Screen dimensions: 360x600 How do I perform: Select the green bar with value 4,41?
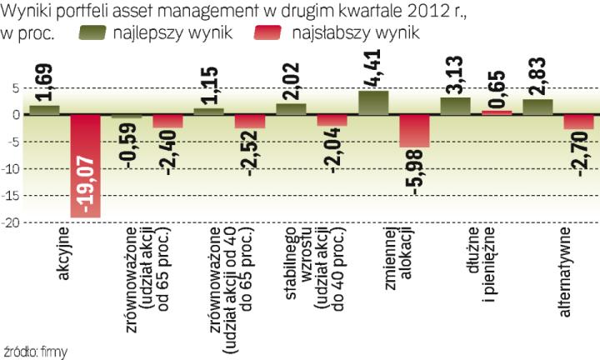373,102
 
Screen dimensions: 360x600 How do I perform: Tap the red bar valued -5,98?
414,131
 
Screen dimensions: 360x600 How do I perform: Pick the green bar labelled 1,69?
45,109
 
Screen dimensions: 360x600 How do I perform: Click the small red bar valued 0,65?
496,112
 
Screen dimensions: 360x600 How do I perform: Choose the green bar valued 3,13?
455,106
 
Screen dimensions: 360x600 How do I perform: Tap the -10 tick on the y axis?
11,169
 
